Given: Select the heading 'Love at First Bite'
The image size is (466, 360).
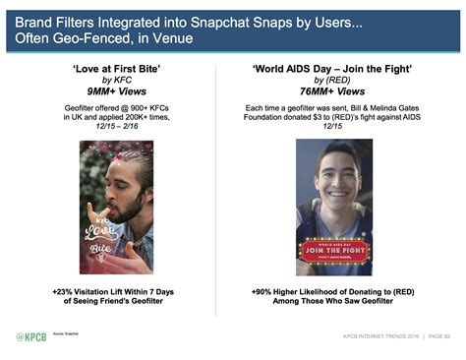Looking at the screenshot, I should [116, 71].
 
